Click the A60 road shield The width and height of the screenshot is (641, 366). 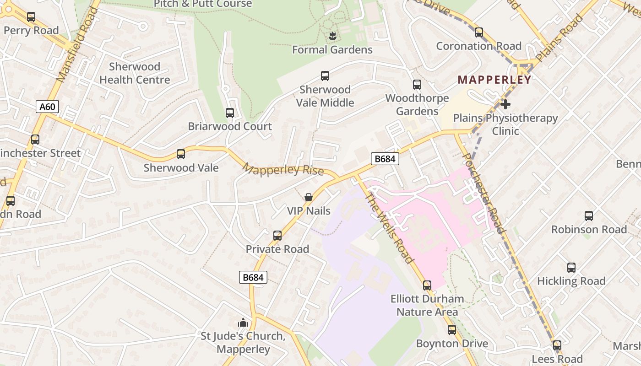tap(47, 107)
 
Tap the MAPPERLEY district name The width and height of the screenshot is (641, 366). tap(494, 80)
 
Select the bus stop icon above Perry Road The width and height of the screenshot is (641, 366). tap(31, 17)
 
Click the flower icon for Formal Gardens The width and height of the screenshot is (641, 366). tap(332, 36)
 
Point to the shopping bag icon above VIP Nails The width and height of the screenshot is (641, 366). tap(309, 197)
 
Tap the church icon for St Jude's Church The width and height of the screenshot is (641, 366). tap(243, 323)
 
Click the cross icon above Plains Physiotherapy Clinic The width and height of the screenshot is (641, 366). tap(505, 104)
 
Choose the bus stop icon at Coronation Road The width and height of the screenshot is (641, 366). tap(479, 32)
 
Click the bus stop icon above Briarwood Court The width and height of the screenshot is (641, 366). tap(230, 113)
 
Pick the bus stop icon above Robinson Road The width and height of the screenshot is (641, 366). tap(589, 215)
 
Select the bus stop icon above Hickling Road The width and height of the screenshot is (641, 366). tap(571, 268)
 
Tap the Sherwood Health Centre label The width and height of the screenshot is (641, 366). tap(135, 73)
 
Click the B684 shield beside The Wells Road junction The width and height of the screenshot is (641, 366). tap(385, 159)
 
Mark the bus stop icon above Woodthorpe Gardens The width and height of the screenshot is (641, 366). tap(417, 85)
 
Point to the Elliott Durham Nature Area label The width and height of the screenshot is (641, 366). tap(427, 305)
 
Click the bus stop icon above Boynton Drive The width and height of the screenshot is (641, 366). tap(452, 330)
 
